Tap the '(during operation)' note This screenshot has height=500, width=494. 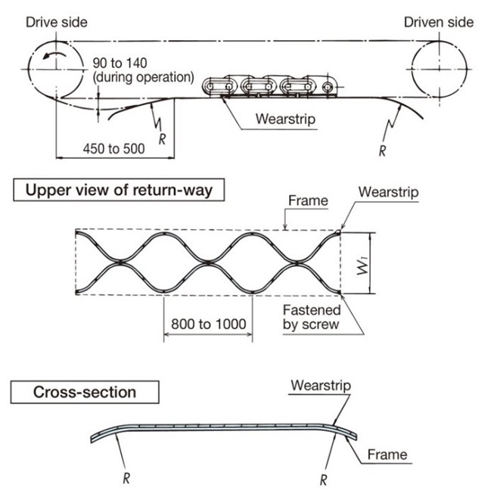[144, 77]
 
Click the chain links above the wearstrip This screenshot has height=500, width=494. [269, 87]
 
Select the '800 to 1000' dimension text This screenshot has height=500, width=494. [209, 324]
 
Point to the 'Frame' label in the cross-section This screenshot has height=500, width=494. [387, 455]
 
